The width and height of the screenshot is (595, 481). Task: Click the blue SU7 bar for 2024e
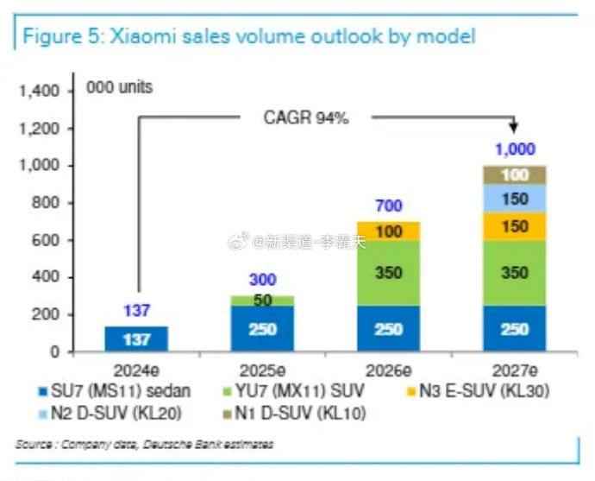point(136,339)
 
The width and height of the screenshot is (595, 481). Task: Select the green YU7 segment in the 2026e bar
point(388,273)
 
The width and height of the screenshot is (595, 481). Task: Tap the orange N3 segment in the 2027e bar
point(515,226)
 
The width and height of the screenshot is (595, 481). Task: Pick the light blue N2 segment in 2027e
point(515,199)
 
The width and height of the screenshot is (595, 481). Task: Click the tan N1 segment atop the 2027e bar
point(515,175)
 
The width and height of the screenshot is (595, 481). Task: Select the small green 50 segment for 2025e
point(262,301)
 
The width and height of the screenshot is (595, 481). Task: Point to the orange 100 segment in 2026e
point(388,231)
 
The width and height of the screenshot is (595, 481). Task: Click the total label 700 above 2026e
point(388,206)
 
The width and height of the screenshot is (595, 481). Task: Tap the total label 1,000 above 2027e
point(515,149)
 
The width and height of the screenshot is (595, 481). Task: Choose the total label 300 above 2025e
point(262,281)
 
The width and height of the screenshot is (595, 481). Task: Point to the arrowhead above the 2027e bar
point(516,128)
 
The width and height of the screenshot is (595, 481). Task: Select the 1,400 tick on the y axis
point(37,91)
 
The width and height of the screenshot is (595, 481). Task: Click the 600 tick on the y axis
point(43,240)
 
